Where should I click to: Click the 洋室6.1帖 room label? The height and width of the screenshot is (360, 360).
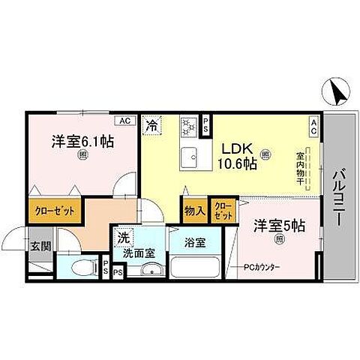click(82, 140)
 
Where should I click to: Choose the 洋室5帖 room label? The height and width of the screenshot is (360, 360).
click(277, 223)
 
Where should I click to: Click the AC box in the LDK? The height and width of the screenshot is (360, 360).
click(313, 129)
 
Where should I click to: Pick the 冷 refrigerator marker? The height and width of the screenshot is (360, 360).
click(152, 125)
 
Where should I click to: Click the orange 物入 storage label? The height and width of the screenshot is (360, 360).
click(194, 211)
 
